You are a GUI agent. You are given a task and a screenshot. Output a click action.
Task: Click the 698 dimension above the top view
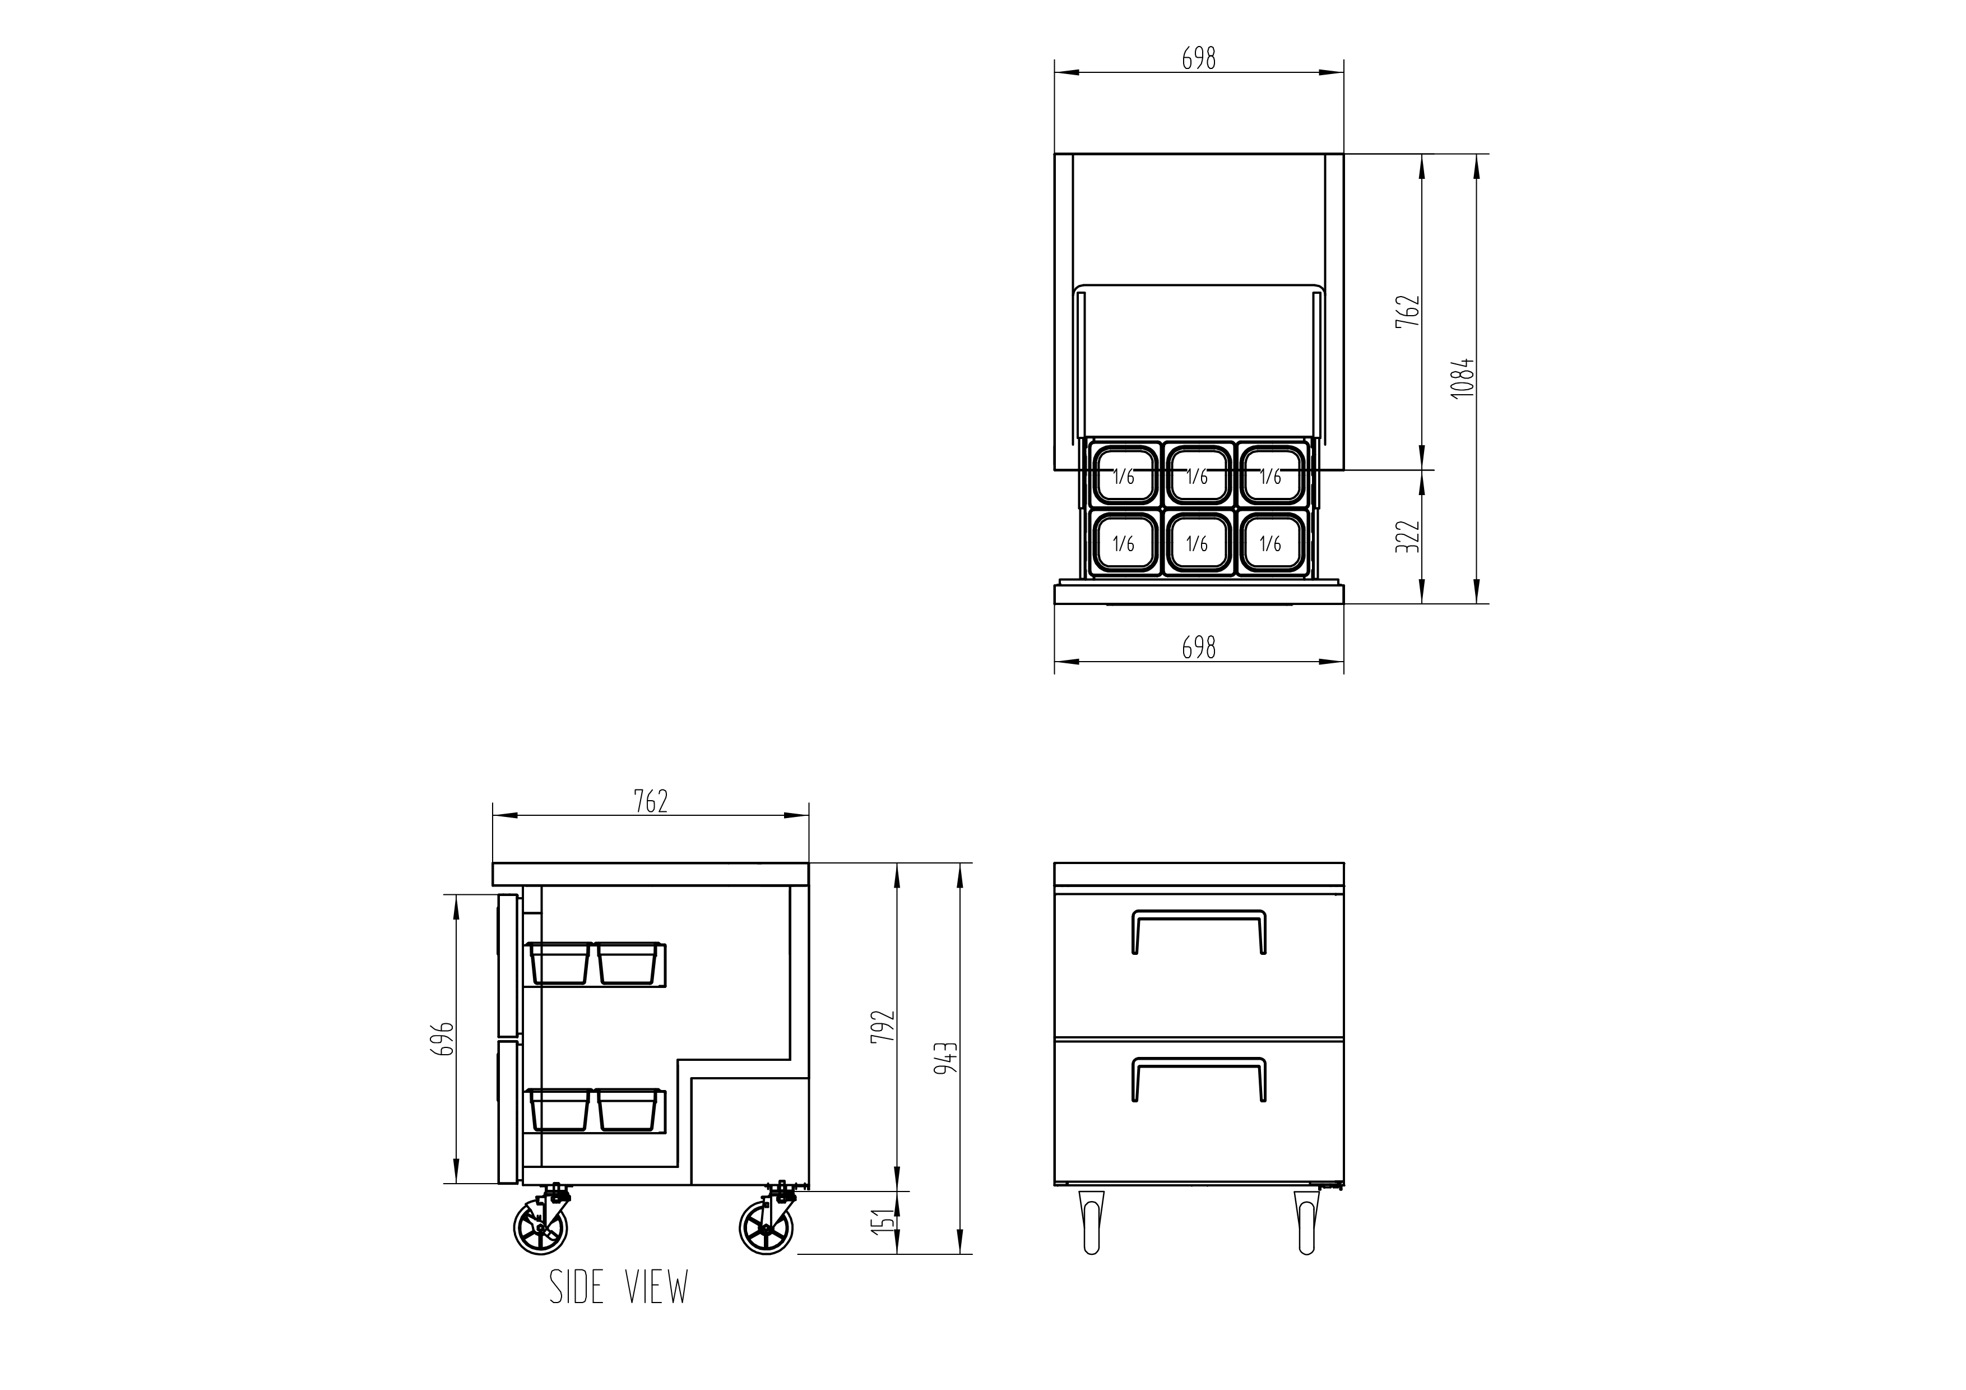tap(1199, 58)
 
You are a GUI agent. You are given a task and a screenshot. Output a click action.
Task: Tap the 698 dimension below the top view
tap(1199, 648)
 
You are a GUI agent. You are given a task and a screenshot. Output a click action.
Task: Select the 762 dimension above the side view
tap(651, 802)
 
